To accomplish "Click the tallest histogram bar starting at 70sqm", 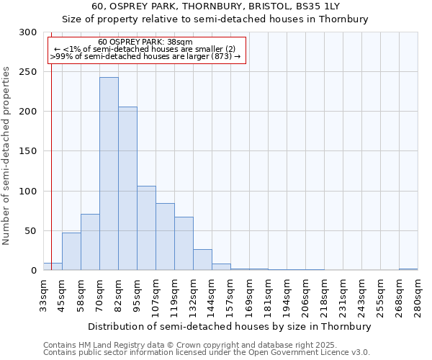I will pyautogui.click(x=109, y=174).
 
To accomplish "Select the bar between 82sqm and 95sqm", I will pyautogui.click(x=127, y=189).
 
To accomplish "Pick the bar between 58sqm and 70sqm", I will pyautogui.click(x=90, y=242).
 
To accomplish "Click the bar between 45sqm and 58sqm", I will pyautogui.click(x=71, y=251).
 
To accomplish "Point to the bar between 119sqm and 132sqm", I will pyautogui.click(x=184, y=243).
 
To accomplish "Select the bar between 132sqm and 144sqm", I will pyautogui.click(x=202, y=260).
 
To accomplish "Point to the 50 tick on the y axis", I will pyautogui.click(x=31, y=231).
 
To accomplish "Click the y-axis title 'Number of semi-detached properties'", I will pyautogui.click(x=7, y=155).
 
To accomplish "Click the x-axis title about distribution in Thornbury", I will pyautogui.click(x=230, y=326).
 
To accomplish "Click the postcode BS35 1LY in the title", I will pyautogui.click(x=313, y=6).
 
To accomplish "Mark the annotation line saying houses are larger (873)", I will pyautogui.click(x=145, y=56).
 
